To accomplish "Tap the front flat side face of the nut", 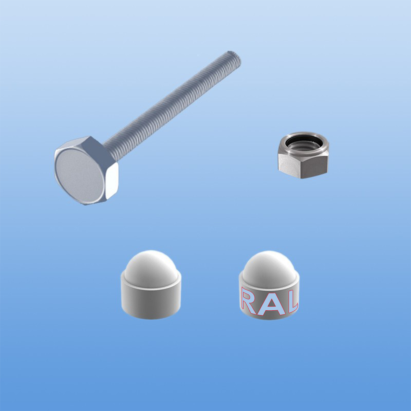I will pyautogui.click(x=314, y=166).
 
